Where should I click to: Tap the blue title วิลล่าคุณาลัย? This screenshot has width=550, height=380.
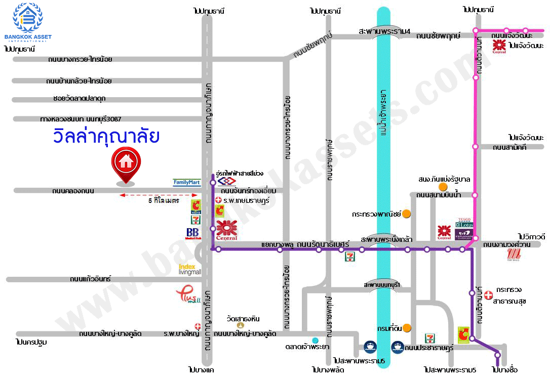(106, 137)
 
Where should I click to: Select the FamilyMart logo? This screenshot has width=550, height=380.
(187, 182)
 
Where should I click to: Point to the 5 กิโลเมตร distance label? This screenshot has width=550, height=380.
(164, 201)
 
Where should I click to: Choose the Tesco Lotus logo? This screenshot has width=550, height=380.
(464, 223)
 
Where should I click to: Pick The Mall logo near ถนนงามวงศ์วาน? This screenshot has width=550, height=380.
(514, 255)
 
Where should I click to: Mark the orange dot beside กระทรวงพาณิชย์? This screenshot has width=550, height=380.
(406, 214)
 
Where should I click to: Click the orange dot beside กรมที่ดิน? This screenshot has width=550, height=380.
(407, 328)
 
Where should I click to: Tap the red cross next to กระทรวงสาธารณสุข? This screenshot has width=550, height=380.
(488, 294)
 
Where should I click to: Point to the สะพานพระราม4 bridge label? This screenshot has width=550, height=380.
(384, 30)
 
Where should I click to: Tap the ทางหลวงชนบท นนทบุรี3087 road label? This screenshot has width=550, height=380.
(81, 119)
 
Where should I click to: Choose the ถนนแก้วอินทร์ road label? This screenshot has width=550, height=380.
(91, 279)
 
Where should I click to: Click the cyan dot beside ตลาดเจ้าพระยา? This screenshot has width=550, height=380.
(315, 340)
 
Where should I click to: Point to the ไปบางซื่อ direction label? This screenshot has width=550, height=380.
(504, 370)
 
